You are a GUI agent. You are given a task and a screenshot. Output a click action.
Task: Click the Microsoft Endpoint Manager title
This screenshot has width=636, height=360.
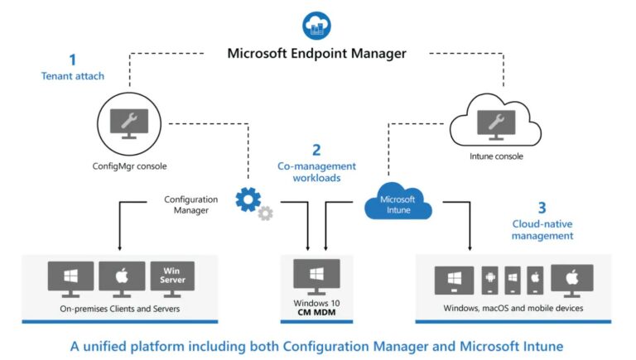[317, 54]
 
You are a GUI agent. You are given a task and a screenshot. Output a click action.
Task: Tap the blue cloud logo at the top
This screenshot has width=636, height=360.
[317, 24]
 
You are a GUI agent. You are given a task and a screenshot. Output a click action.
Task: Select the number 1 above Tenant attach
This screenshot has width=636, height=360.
[72, 60]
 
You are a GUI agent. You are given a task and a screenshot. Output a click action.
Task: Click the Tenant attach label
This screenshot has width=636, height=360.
[72, 76]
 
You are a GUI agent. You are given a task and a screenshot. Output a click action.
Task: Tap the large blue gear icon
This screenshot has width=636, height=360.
[248, 199]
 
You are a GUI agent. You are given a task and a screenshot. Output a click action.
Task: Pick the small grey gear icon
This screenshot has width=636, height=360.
[265, 214]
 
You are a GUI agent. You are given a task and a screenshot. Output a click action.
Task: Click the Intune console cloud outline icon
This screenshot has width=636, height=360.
[494, 122]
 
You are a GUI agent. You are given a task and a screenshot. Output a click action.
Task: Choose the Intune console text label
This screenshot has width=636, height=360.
[494, 156]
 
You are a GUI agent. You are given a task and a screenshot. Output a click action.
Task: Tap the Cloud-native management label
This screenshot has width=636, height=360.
[542, 229]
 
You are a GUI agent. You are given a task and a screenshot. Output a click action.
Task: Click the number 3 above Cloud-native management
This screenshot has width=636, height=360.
[542, 209]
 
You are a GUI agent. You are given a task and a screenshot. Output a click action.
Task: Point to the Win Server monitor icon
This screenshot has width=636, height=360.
[172, 278]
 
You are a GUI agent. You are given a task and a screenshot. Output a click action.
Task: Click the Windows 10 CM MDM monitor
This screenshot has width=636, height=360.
[317, 276]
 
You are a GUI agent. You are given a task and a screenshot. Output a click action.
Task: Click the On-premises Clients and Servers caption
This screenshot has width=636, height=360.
[121, 309]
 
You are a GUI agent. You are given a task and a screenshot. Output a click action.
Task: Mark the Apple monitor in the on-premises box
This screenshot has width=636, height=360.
[121, 278]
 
